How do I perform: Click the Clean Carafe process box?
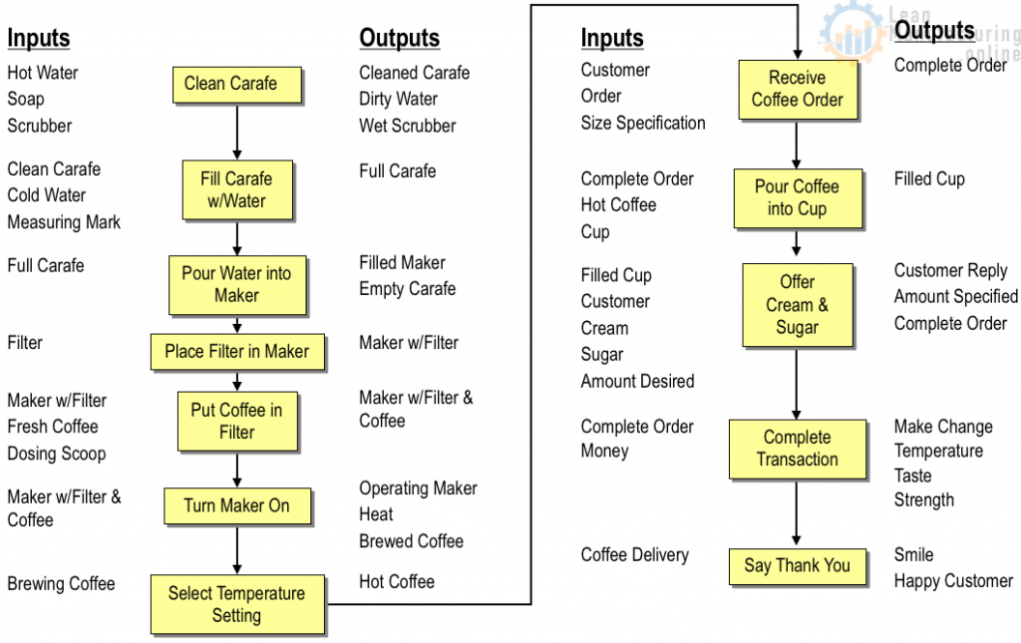(x=236, y=85)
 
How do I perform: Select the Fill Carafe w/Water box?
(x=236, y=189)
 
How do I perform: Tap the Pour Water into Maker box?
(x=236, y=284)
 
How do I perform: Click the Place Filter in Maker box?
(x=237, y=352)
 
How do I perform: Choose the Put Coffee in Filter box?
(x=236, y=421)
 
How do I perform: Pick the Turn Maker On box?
(x=237, y=506)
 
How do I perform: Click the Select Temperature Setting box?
(x=237, y=604)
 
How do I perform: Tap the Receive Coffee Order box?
(x=797, y=89)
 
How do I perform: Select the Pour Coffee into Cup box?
(x=797, y=197)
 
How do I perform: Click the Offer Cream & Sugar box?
(x=797, y=305)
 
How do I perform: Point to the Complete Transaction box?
(x=797, y=449)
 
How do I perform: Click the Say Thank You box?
(x=797, y=566)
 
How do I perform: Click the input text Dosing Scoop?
(x=56, y=454)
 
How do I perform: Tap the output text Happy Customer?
(x=953, y=581)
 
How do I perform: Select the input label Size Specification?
(x=643, y=124)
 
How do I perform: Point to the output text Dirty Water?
(x=398, y=100)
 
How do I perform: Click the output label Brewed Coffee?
(x=411, y=541)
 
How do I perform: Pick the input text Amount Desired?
(x=637, y=382)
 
